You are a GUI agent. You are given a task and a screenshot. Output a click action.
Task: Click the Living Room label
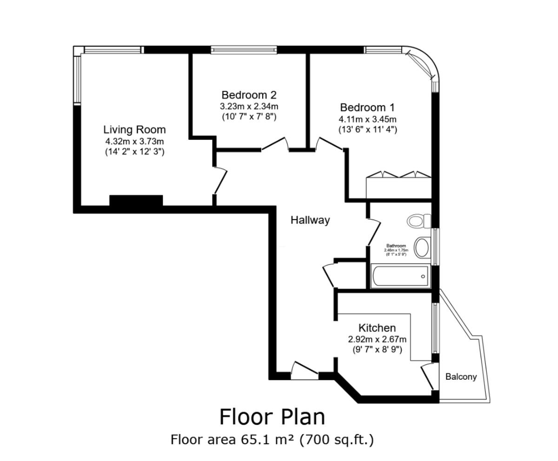(134, 130)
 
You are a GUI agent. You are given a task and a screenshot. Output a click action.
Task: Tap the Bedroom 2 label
(249, 95)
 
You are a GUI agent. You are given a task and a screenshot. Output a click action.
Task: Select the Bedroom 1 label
(367, 108)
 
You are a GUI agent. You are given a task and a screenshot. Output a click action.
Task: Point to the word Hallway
(310, 220)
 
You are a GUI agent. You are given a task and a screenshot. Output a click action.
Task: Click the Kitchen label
(377, 328)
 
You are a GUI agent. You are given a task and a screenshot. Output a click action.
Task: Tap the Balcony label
(461, 377)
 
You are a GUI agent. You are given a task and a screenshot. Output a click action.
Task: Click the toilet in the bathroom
(418, 221)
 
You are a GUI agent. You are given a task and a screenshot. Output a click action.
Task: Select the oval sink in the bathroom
(422, 247)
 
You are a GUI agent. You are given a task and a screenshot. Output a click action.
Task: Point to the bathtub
(400, 276)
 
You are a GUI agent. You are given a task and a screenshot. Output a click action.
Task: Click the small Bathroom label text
(396, 246)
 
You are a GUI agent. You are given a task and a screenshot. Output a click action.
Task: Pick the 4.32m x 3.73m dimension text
(134, 141)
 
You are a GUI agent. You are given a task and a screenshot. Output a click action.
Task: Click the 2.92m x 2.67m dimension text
(377, 339)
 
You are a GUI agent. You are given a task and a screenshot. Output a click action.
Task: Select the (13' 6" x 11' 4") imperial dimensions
(367, 130)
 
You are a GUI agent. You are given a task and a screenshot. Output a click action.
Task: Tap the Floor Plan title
(272, 416)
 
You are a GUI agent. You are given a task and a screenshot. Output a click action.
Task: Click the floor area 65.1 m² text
(272, 439)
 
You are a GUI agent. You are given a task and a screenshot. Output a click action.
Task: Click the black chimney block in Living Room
(136, 201)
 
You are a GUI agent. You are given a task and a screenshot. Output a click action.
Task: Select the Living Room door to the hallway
(220, 182)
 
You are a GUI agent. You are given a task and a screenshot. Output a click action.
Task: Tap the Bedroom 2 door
(274, 144)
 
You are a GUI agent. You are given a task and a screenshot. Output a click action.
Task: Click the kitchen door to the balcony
(427, 376)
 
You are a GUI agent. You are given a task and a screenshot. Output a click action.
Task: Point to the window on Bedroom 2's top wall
(244, 50)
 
